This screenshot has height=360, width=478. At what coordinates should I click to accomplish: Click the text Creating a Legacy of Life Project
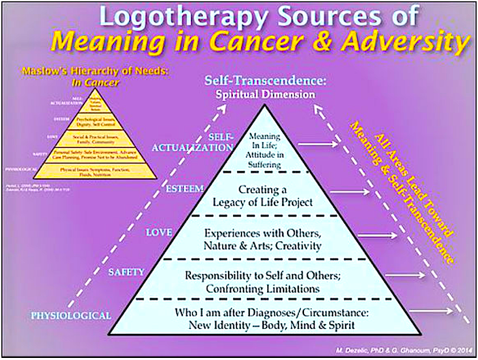pos(272,195)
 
